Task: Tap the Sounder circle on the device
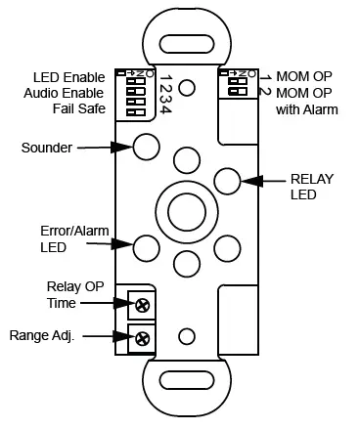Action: point(147,147)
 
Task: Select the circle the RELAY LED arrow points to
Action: point(227,180)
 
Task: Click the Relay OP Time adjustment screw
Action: point(144,305)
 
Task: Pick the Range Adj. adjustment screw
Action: point(144,339)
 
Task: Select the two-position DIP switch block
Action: point(235,84)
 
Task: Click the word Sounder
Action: point(47,148)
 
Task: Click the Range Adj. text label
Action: point(44,335)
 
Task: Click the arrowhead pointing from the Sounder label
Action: point(123,147)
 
